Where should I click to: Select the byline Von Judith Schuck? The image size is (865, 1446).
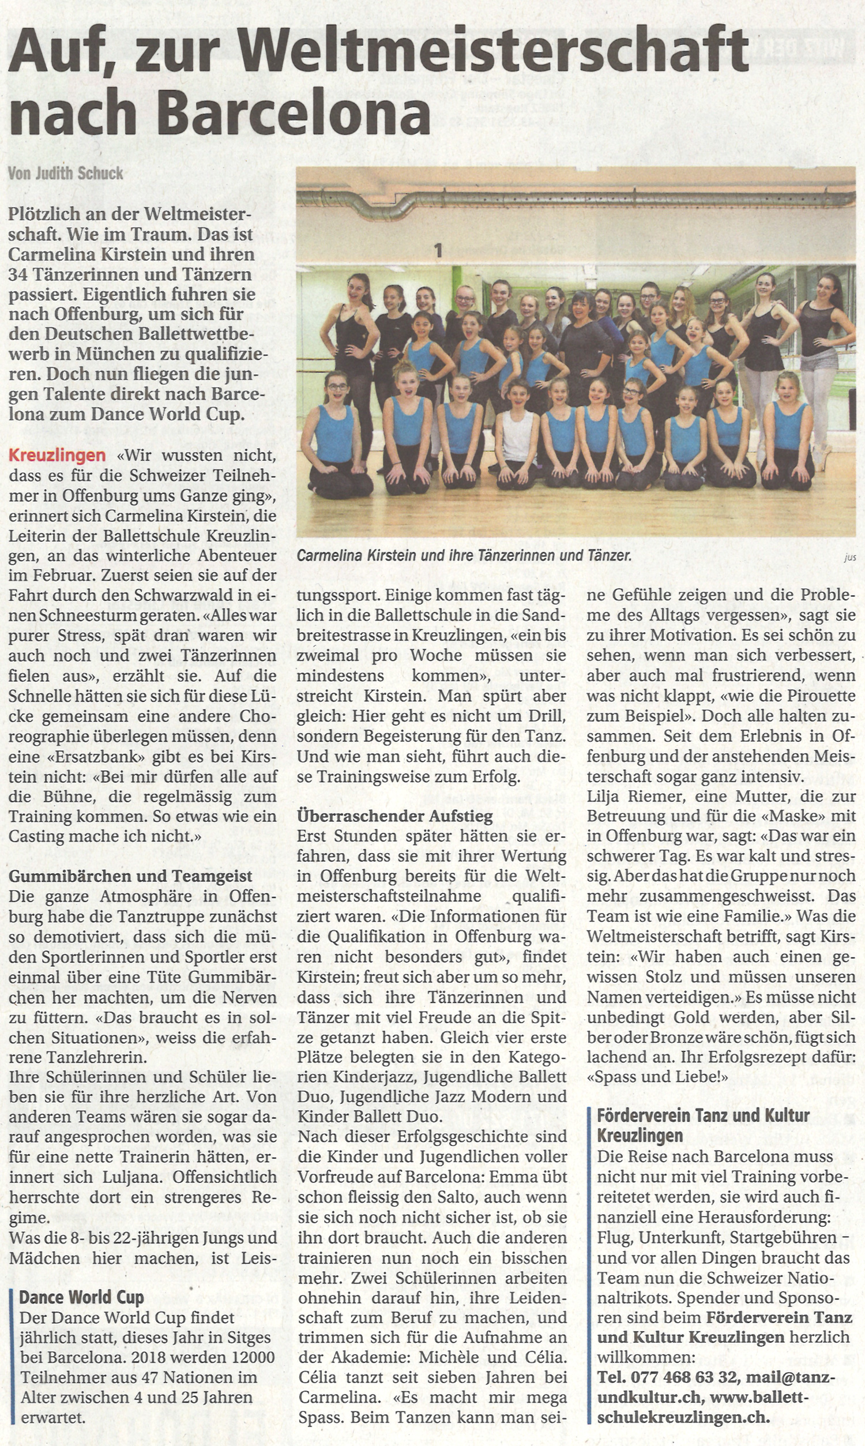(66, 172)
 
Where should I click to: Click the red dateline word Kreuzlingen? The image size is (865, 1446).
(57, 455)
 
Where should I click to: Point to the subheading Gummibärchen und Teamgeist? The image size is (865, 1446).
(130, 876)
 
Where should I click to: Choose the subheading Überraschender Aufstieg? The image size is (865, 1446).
(394, 816)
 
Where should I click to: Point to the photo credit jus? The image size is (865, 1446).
(850, 558)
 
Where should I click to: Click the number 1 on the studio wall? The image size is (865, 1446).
(438, 251)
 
